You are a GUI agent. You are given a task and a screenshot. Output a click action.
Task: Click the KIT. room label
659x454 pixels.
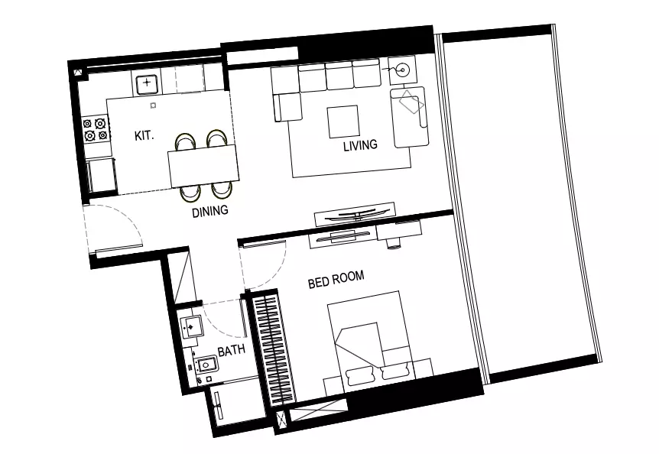coord(144,135)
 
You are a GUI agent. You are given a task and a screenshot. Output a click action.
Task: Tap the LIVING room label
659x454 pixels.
coord(360,145)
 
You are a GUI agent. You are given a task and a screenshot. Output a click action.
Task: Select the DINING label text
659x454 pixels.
coord(210,211)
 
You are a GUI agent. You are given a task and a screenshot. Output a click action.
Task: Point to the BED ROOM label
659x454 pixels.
coord(336,280)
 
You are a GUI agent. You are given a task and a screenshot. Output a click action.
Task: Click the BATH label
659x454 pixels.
coord(232,350)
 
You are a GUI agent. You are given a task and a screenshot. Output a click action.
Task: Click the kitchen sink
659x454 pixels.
coord(146,83)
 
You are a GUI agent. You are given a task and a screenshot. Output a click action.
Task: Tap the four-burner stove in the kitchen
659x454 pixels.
coord(95,129)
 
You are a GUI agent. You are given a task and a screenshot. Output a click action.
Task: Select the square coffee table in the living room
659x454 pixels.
coord(343,122)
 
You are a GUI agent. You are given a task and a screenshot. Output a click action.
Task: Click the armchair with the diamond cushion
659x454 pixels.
coord(408,117)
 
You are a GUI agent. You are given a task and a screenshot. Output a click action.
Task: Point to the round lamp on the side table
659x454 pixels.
coord(402,70)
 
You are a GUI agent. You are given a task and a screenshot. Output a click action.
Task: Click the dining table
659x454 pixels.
coord(203,167)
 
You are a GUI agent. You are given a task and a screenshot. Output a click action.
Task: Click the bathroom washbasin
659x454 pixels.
coord(192,326)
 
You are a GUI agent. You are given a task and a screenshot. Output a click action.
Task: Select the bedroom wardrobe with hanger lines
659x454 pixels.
coord(272,349)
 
